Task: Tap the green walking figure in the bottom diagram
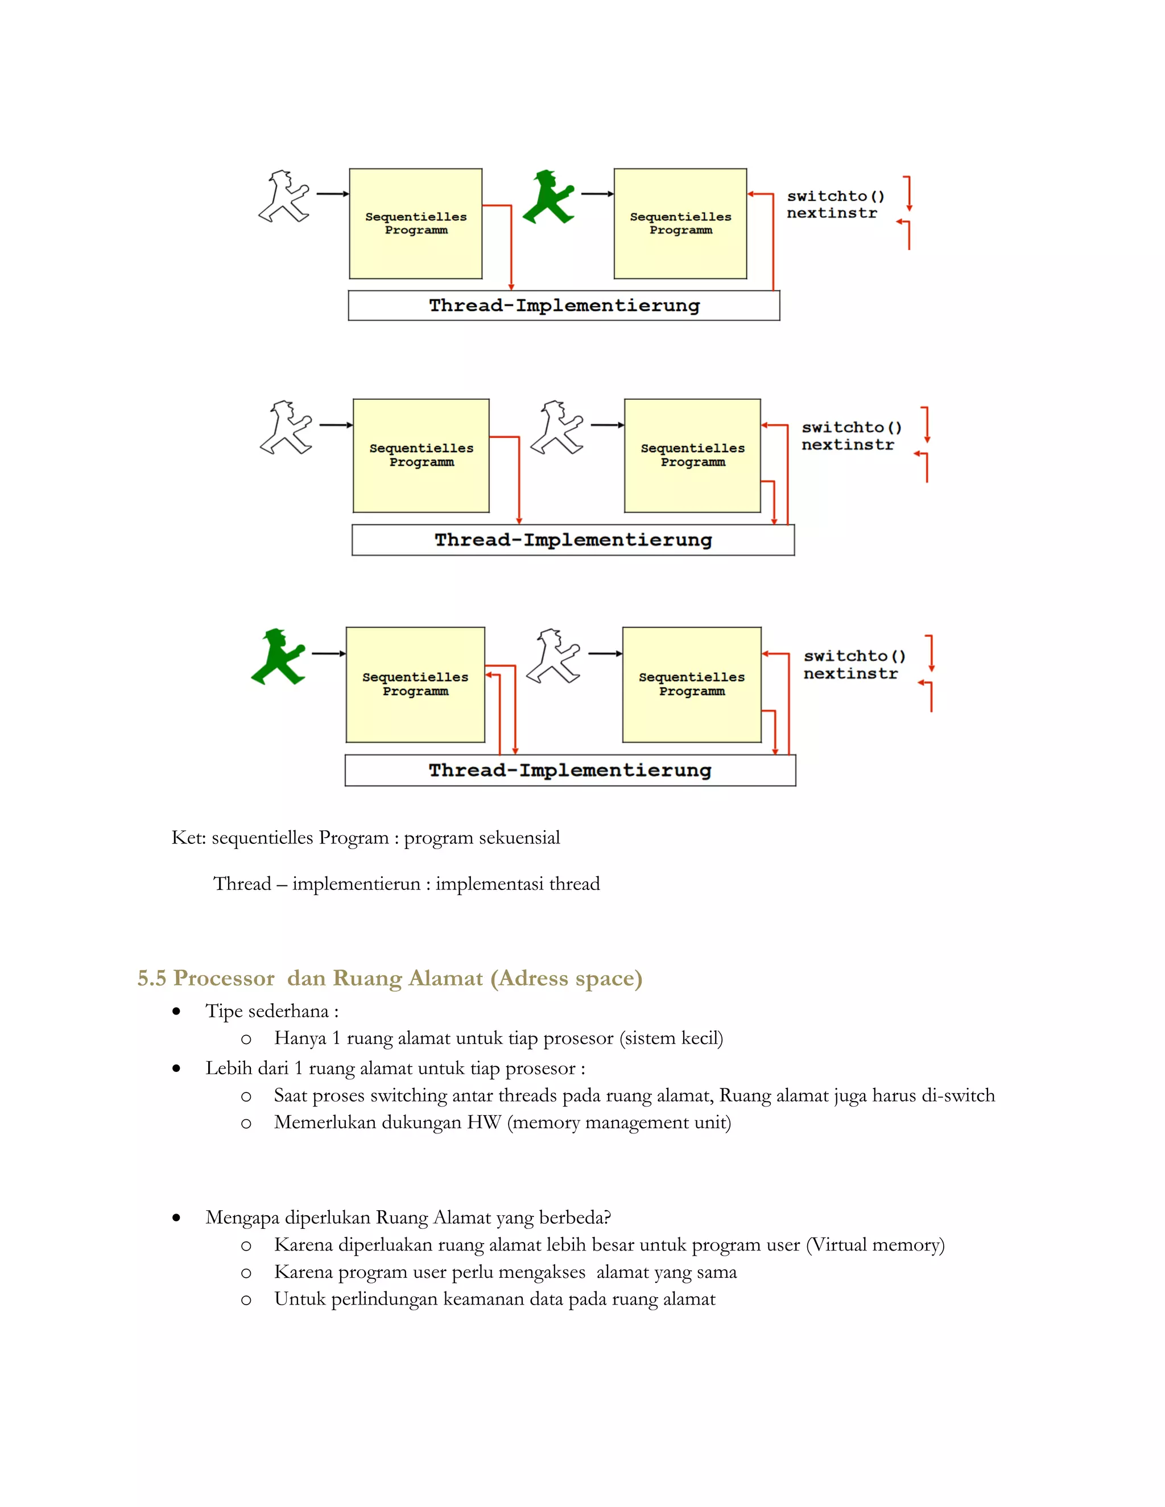coord(278,657)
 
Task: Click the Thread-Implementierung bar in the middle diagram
coord(573,540)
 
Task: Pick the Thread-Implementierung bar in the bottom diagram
coord(570,770)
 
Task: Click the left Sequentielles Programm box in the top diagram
coord(415,223)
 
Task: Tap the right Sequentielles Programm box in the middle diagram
coord(692,456)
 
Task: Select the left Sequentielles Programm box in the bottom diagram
coord(415,685)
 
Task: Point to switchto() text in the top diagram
coord(835,196)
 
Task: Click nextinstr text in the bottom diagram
coord(850,673)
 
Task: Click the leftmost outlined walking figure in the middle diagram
coord(286,427)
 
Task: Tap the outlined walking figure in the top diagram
coord(284,197)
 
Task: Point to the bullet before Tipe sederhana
coord(177,1012)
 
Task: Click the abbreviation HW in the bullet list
coord(484,1123)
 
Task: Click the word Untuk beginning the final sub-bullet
coord(300,1299)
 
